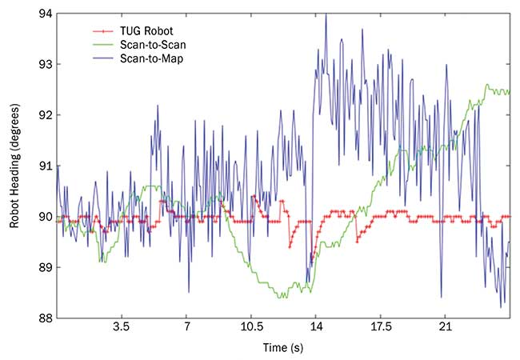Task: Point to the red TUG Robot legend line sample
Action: pos(102,31)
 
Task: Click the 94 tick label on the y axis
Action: pos(45,14)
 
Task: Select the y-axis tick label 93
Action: pos(45,65)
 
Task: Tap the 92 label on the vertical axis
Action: pos(45,115)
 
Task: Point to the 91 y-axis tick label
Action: pos(45,166)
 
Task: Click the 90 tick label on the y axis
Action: pos(45,217)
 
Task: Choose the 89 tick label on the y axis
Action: pos(45,267)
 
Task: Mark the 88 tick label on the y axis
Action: pos(45,318)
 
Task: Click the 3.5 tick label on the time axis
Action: pos(122,329)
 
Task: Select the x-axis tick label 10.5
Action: pos(251,329)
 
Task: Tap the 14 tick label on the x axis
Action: pos(316,329)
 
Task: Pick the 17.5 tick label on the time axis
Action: pos(381,329)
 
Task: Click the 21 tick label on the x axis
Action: pos(446,329)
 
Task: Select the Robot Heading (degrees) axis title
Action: pos(14,166)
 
